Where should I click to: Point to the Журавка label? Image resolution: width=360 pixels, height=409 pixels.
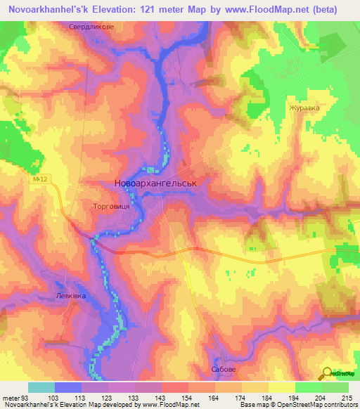pyautogui.click(x=303, y=108)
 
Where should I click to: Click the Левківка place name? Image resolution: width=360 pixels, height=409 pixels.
pyautogui.click(x=71, y=297)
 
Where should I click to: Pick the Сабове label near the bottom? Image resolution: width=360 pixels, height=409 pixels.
pyautogui.click(x=224, y=368)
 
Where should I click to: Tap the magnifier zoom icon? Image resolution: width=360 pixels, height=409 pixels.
pyautogui.click(x=327, y=372)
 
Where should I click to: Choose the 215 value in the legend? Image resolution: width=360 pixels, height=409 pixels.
pyautogui.click(x=345, y=398)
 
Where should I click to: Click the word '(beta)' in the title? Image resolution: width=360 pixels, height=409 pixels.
pyautogui.click(x=321, y=10)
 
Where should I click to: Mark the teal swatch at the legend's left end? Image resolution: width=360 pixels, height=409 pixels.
pyautogui.click(x=41, y=387)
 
